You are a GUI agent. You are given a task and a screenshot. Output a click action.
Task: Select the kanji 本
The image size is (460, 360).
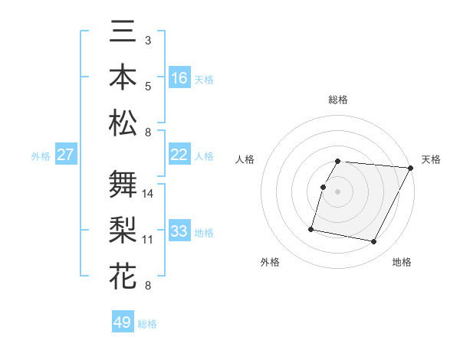click(x=123, y=77)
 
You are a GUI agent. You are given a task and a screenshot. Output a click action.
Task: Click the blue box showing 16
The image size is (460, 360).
click(x=179, y=78)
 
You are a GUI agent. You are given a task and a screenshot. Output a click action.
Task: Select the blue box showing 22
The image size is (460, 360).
click(x=179, y=155)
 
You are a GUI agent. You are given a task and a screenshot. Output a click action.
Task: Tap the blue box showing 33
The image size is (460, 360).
click(x=179, y=231)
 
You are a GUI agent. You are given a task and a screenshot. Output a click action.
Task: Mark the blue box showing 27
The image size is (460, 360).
click(x=66, y=155)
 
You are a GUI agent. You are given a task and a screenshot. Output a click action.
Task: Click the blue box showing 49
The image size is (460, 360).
click(x=123, y=322)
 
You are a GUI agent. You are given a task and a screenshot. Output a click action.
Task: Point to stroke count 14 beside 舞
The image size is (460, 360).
click(x=148, y=194)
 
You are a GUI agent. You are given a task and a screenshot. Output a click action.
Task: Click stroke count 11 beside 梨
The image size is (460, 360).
click(x=148, y=240)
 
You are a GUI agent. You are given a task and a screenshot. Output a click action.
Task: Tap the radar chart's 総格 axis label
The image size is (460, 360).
click(x=338, y=100)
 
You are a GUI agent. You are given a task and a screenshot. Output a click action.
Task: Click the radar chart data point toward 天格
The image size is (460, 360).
click(x=411, y=168)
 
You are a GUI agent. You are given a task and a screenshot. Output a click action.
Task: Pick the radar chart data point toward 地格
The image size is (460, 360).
click(x=374, y=242)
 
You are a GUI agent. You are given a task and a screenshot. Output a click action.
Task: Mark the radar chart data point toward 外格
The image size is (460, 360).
click(x=311, y=228)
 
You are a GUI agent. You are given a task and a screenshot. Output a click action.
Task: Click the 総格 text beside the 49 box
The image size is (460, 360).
click(x=147, y=323)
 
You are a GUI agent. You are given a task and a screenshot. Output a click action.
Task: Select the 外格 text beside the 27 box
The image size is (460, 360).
click(x=41, y=155)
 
